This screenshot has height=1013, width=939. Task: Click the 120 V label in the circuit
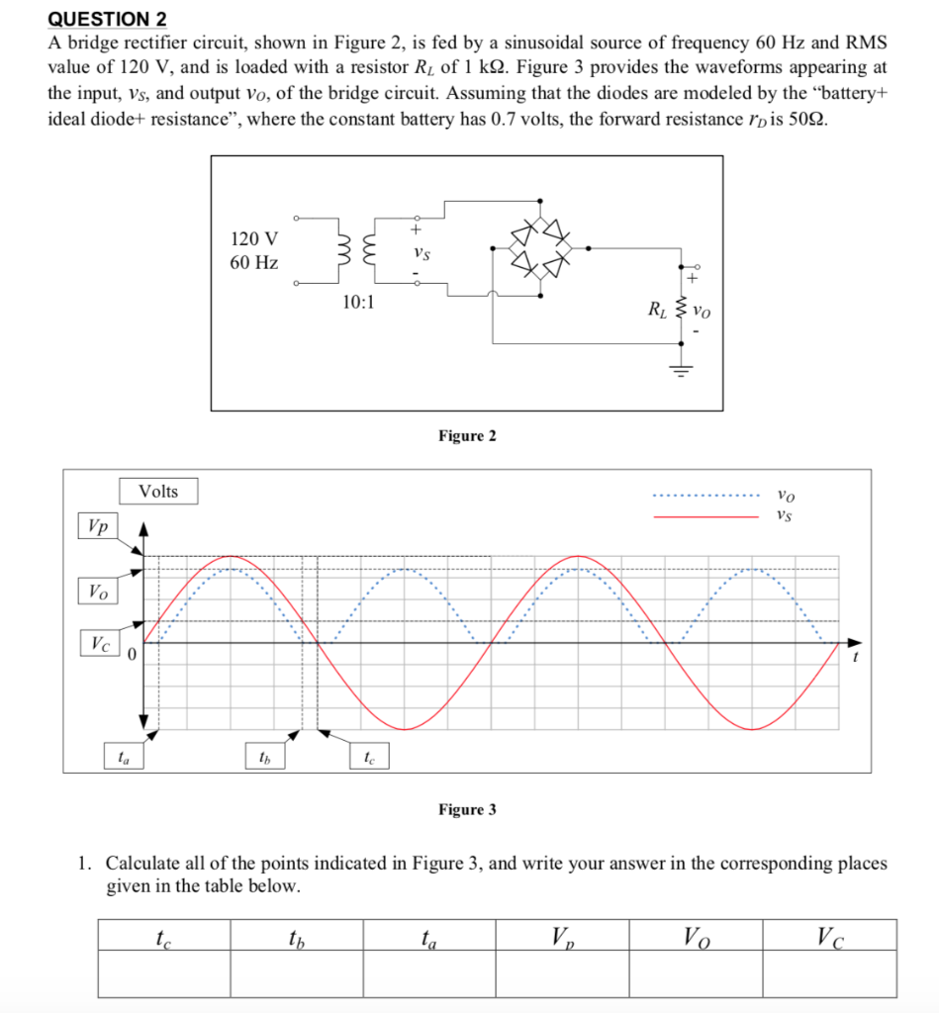point(253,238)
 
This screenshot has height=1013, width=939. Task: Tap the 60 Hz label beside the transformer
point(253,263)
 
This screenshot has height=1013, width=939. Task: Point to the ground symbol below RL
point(681,369)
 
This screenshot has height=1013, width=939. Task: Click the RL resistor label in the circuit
point(657,309)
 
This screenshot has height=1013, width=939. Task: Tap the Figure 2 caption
point(467,436)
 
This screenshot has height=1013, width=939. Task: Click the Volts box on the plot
point(158,492)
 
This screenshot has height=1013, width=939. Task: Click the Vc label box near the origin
point(100,643)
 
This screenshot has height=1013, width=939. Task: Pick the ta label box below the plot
point(124,758)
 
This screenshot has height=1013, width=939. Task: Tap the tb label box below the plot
point(263,758)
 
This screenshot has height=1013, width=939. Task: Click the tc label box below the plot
point(368,758)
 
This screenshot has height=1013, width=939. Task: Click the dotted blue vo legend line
point(705,497)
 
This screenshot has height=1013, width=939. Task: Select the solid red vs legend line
point(705,515)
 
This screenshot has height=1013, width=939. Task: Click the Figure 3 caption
point(467,810)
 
